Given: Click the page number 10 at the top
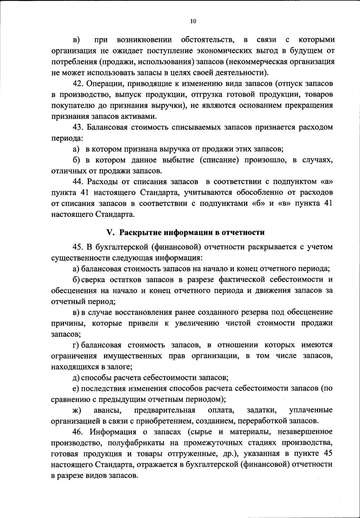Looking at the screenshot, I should coord(193,21).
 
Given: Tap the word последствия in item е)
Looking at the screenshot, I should coord(101,388).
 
